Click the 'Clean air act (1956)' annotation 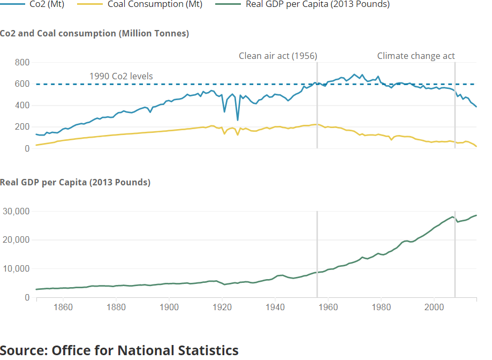coord(278,56)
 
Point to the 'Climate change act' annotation coord(416,56)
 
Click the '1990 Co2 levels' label coord(121,76)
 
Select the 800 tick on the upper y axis coord(22,63)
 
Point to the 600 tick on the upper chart coord(22,84)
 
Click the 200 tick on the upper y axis coord(22,127)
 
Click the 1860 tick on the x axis coord(63,307)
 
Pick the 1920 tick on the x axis coord(222,307)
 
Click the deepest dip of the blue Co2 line coord(238,119)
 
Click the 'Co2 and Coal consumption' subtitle coord(94,33)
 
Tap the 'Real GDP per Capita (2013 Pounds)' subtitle coord(75,182)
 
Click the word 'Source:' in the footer coord(24,350)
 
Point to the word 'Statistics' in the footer coord(206,350)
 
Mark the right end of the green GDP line coord(476,215)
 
